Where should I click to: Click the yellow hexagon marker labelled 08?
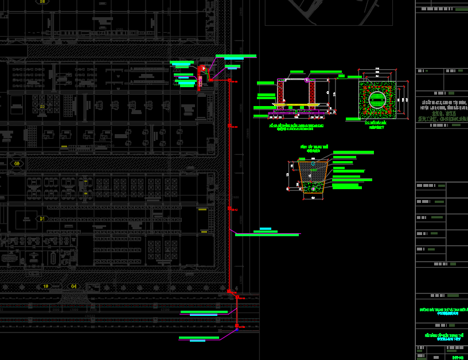point(17,163)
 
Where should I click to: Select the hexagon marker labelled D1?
point(41,218)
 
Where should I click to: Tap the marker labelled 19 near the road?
point(45,285)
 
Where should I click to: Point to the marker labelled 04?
point(73,285)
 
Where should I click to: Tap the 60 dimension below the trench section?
point(313,198)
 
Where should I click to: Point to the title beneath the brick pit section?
point(295,126)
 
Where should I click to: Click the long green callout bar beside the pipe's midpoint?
point(267,234)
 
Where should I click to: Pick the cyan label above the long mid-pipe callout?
point(266,229)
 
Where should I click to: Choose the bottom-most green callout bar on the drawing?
point(198,338)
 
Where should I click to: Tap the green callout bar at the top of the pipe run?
point(236,56)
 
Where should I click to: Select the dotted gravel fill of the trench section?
point(313,187)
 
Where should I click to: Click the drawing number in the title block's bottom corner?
point(458,357)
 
